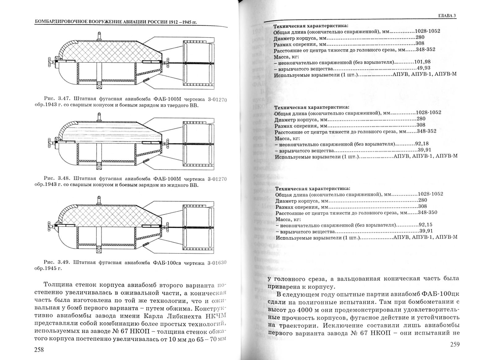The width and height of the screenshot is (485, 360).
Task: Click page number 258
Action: tap(39, 349)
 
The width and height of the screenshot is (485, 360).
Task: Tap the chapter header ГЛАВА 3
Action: tap(447, 16)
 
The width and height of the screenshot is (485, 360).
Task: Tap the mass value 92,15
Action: tap(425, 225)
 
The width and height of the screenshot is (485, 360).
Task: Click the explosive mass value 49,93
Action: tap(424, 68)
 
